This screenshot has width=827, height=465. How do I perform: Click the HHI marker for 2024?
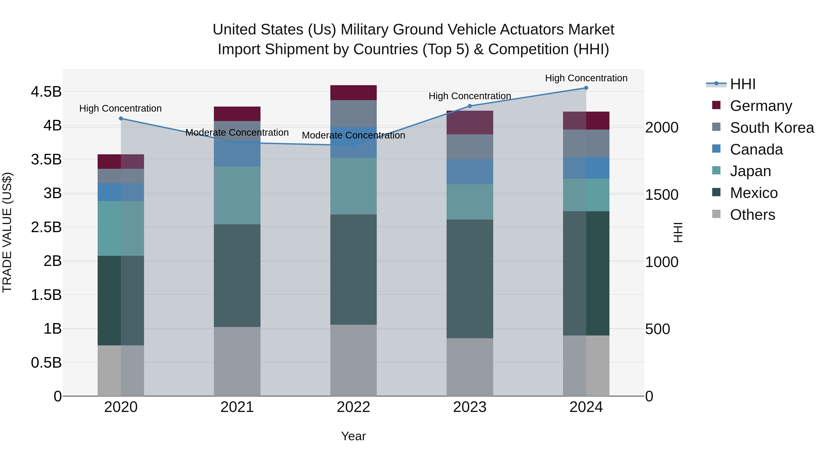586,88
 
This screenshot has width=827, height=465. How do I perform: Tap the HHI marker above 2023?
470,106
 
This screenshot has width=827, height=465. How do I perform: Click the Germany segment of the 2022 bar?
354,93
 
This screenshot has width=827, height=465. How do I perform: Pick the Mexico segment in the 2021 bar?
237,275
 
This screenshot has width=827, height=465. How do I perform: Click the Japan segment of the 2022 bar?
354,186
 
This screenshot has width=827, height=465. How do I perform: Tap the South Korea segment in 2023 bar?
470,147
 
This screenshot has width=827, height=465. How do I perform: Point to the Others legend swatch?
716,214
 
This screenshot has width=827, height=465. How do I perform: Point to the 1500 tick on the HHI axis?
662,195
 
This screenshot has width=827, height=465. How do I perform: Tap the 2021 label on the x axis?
237,407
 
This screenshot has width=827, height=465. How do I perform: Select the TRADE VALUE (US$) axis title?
7,233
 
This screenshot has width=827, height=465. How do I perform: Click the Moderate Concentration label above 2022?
354,135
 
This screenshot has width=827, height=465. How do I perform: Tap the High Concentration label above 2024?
586,78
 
